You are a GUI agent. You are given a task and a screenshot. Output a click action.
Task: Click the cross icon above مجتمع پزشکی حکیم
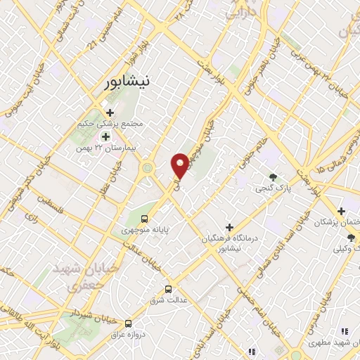110,112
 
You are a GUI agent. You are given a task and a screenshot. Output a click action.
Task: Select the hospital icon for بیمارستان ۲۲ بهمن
106,136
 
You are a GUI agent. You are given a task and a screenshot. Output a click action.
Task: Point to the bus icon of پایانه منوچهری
144,218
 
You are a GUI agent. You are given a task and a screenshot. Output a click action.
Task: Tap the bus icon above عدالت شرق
168,288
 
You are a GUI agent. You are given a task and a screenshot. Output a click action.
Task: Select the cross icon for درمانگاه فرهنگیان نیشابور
229,226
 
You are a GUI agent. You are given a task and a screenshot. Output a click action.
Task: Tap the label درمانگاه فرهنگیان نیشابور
229,243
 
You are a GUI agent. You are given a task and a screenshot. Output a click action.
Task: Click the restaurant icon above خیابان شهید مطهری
344,330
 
